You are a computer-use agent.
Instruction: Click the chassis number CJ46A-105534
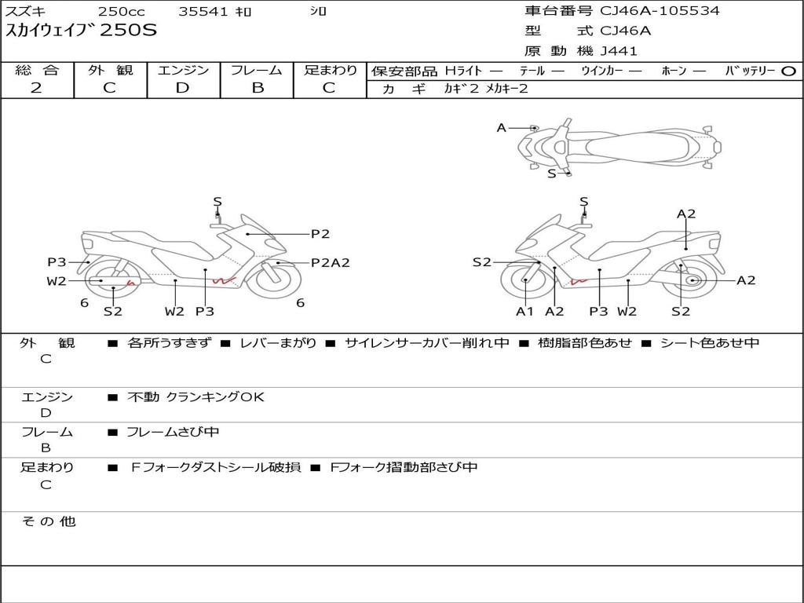[x=660, y=10]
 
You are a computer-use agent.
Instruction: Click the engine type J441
[x=619, y=51]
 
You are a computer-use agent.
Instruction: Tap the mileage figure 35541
[x=203, y=11]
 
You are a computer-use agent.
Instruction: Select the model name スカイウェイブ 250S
[x=81, y=30]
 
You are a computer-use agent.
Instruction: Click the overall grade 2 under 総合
[x=36, y=88]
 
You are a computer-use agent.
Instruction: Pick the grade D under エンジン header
[x=182, y=88]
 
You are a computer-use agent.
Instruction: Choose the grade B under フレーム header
[x=258, y=88]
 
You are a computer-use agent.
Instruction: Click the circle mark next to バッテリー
[x=788, y=71]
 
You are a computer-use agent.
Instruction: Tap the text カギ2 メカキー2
[x=485, y=89]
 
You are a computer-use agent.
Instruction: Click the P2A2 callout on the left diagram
[x=331, y=262]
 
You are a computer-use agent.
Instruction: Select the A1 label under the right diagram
[x=524, y=311]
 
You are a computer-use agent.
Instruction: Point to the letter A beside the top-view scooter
[x=502, y=128]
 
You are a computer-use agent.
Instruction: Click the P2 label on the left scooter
[x=320, y=234]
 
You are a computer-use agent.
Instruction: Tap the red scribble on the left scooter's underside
[x=225, y=280]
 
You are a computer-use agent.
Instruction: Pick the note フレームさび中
[x=173, y=433]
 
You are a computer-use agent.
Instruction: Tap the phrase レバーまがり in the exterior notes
[x=278, y=342]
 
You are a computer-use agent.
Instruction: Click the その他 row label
[x=49, y=521]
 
